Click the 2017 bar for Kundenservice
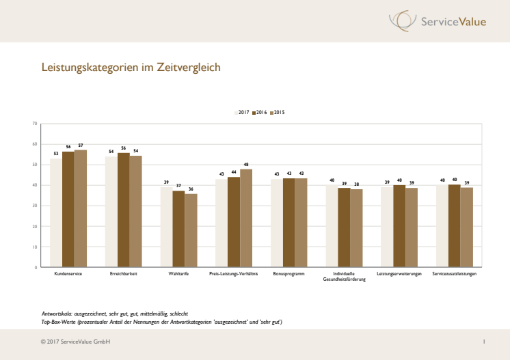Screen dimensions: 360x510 56,213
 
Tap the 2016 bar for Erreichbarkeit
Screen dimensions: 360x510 124,210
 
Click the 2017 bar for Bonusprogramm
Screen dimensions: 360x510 277,223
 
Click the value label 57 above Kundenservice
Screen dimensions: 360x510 81,146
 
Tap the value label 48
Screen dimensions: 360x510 246,164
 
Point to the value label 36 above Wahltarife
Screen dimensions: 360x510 191,189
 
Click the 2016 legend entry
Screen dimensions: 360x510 260,112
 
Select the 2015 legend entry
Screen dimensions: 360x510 278,112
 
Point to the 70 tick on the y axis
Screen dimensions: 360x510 34,124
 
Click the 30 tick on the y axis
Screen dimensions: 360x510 34,206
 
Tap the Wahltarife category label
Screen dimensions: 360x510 179,274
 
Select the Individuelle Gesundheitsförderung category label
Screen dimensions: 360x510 344,277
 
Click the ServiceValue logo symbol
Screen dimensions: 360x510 401,20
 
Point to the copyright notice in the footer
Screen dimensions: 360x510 76,341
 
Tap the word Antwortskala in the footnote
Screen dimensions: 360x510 57,313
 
